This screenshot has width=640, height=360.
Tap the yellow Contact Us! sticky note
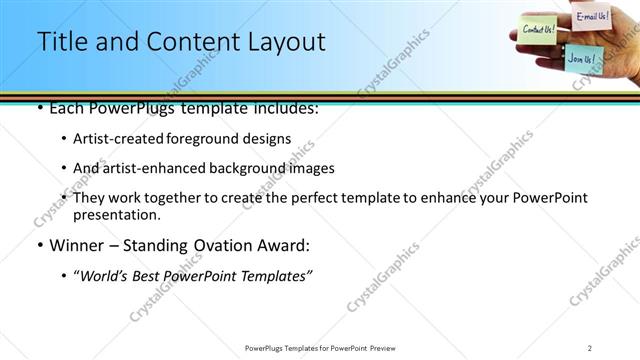click(539, 29)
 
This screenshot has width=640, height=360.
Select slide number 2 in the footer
click(590, 347)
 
